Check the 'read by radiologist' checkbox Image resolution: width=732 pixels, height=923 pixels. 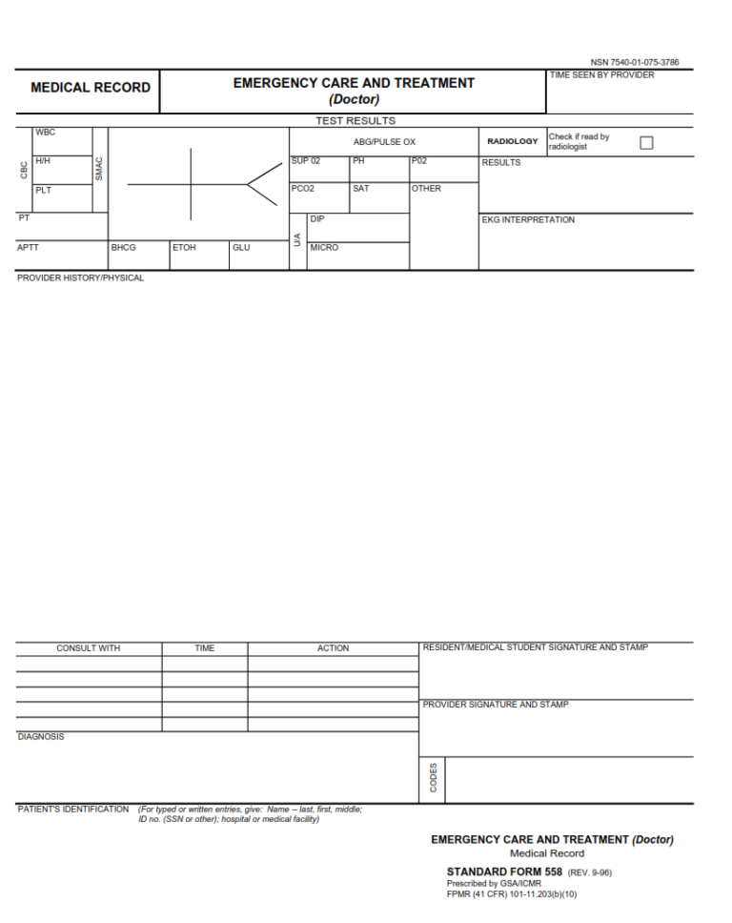[x=646, y=142]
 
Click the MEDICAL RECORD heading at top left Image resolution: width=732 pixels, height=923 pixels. [x=91, y=88]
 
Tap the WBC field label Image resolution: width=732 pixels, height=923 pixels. [x=46, y=133]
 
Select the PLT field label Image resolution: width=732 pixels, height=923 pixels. [x=44, y=190]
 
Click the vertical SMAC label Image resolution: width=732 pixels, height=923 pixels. [x=99, y=170]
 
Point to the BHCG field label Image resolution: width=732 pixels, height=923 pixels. [x=123, y=248]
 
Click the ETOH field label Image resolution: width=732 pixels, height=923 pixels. [x=184, y=248]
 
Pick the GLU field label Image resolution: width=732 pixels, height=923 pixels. [x=241, y=248]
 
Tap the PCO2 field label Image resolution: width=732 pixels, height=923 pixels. [x=302, y=189]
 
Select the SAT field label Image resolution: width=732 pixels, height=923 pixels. [x=360, y=189]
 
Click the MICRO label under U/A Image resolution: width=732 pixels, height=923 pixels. [x=323, y=248]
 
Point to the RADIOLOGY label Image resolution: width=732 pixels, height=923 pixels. [x=513, y=142]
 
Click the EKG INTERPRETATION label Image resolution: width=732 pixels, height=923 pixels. [x=528, y=220]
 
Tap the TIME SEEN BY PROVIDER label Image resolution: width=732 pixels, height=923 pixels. [x=601, y=75]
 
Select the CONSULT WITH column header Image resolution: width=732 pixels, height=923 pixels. [x=89, y=648]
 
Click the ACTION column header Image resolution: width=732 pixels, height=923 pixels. [x=333, y=648]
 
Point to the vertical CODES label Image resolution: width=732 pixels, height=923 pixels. [x=434, y=779]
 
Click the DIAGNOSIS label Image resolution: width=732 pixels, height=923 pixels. [x=41, y=737]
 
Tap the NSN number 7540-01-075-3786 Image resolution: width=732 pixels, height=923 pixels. [x=635, y=63]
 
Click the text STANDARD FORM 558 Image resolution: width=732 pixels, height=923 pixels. [x=504, y=872]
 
